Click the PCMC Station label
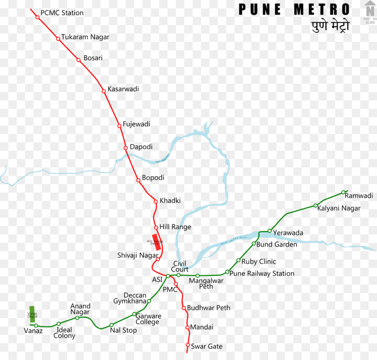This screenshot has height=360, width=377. [62, 13]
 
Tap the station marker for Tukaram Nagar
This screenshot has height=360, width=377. [58, 39]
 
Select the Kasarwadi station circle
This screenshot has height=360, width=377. [104, 91]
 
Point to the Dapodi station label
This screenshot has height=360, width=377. [141, 147]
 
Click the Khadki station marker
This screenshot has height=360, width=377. [156, 201]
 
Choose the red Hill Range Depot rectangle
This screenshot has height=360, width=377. [157, 243]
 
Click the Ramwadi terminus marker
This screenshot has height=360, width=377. [343, 193]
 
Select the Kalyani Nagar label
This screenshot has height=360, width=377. [339, 208]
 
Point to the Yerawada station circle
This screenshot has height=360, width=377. [270, 231]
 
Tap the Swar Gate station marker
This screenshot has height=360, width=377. [188, 345]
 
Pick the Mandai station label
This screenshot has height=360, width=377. [202, 327]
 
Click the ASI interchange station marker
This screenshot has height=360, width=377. [168, 276]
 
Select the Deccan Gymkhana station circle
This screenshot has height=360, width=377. [149, 301]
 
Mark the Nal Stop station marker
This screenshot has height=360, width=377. [111, 325]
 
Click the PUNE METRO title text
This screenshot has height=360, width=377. [294, 9]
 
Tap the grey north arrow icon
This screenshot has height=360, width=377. [369, 9]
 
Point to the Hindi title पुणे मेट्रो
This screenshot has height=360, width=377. [330, 26]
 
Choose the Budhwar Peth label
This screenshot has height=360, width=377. [209, 308]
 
